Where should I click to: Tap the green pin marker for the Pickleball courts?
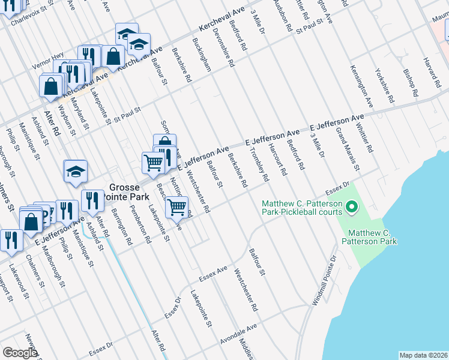[352, 209]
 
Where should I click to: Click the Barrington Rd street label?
[121, 226]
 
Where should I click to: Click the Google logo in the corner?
[20, 352]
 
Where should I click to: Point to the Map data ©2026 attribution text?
[423, 355]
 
